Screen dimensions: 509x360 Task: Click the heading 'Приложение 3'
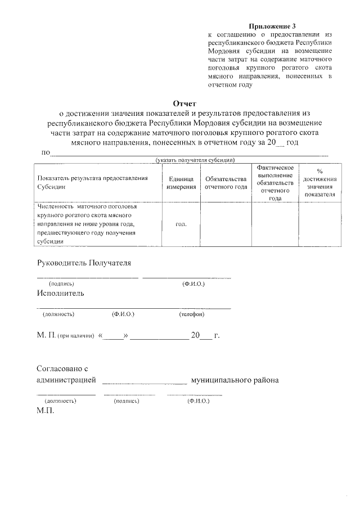pyautogui.click(x=272, y=26)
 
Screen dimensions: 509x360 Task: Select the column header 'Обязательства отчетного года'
pyautogui.click(x=226, y=182)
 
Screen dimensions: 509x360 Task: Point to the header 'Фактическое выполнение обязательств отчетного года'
pyautogui.click(x=275, y=183)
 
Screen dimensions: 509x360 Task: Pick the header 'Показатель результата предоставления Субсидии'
pyautogui.click(x=92, y=182)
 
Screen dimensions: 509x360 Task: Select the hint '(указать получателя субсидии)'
pyautogui.click(x=195, y=160)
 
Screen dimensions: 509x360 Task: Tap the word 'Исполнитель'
pyautogui.click(x=61, y=293)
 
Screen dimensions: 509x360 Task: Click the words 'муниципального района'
pyautogui.click(x=235, y=380)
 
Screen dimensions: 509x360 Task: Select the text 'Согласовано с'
pyautogui.click(x=63, y=368)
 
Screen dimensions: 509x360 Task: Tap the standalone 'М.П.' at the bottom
pyautogui.click(x=45, y=411)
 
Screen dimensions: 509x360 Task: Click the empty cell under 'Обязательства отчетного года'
pyautogui.click(x=226, y=223)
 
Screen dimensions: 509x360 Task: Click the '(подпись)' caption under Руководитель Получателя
pyautogui.click(x=61, y=284)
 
